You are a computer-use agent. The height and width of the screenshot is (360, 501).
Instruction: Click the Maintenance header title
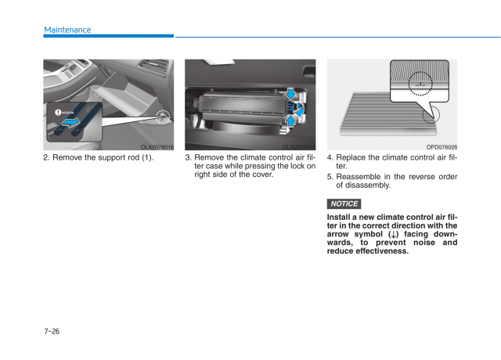[x=67, y=30]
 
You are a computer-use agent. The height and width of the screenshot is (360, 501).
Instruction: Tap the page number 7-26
[x=52, y=331]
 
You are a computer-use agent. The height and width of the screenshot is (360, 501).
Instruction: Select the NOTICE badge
[x=344, y=204]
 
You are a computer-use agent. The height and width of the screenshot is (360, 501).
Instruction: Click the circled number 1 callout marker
[x=56, y=113]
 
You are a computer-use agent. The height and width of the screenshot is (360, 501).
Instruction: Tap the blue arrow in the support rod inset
[x=72, y=122]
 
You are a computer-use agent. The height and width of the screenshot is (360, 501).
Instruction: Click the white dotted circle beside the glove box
[x=162, y=117]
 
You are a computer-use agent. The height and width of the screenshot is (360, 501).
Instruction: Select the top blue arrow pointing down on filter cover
[x=291, y=95]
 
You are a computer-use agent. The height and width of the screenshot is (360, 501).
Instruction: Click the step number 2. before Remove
[x=47, y=157]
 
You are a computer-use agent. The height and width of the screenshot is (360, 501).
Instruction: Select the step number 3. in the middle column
[x=189, y=157]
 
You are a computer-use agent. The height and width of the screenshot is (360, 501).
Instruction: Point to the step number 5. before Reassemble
[x=330, y=177]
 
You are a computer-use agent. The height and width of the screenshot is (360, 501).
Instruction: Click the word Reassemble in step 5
[x=362, y=177]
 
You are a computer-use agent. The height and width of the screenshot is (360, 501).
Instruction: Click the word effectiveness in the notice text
[x=382, y=251]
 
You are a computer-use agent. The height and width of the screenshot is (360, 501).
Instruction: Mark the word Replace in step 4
[x=351, y=157]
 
